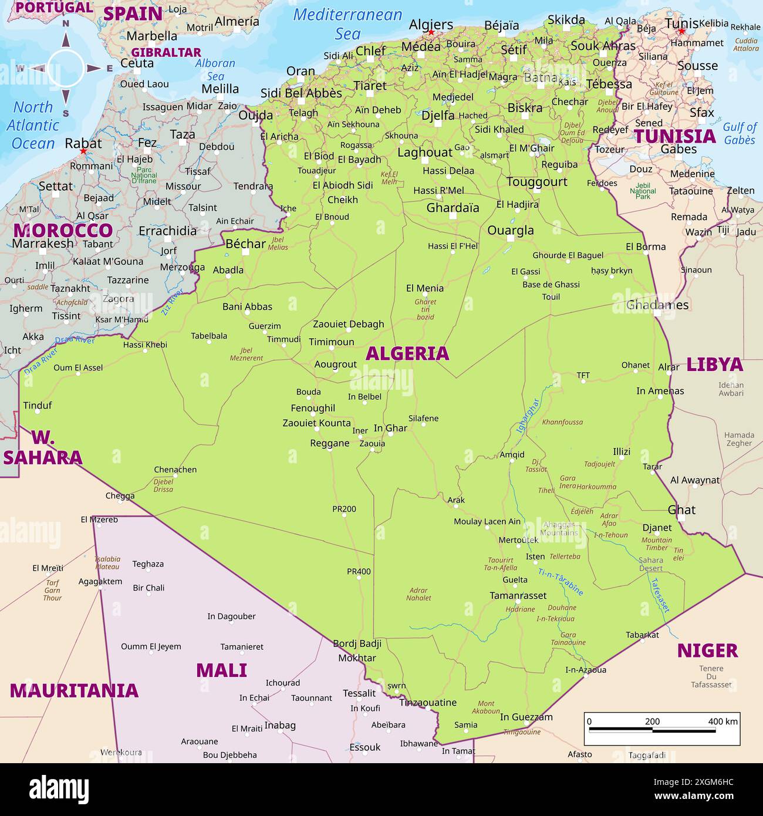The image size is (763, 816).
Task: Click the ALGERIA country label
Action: [x=407, y=353]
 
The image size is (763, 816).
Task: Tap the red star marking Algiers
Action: [x=431, y=33]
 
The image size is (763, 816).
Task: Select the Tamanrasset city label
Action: [x=518, y=595]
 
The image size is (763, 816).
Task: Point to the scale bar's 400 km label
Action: [x=723, y=721]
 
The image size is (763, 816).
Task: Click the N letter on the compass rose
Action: [x=66, y=24]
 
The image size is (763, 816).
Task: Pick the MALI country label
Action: [x=221, y=670]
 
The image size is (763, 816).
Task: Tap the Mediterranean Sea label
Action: [x=347, y=24]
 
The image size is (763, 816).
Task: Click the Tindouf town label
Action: [x=38, y=405]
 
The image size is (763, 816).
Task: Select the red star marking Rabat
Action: [x=83, y=151]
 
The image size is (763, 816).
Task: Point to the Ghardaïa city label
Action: [x=453, y=208]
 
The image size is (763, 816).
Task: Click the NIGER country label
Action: [x=707, y=650]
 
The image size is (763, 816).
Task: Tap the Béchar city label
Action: [x=245, y=244]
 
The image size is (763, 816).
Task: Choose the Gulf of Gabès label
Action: [x=739, y=133]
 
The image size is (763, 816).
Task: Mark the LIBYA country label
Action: [x=714, y=365]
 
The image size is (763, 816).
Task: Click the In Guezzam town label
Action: [x=526, y=717]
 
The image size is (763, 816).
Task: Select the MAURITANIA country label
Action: [x=74, y=690]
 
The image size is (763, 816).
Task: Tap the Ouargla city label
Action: [x=511, y=230]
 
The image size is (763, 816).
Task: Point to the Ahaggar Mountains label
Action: [x=559, y=528]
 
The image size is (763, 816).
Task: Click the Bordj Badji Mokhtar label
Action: [x=357, y=650]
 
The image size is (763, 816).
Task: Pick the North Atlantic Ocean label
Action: [x=33, y=125]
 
